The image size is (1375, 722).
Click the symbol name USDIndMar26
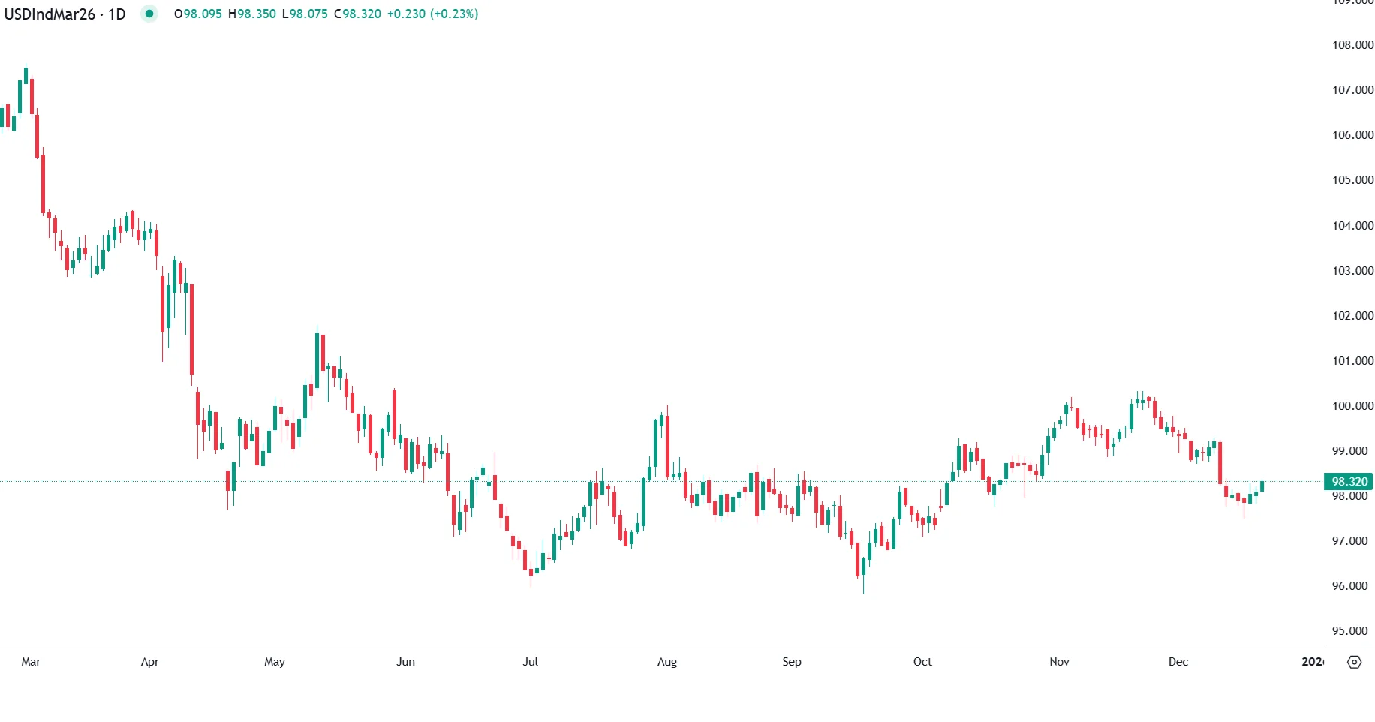click(50, 14)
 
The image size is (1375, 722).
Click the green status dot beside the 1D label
click(149, 14)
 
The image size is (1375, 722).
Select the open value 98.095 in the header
click(203, 14)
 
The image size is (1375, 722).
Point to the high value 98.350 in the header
click(257, 14)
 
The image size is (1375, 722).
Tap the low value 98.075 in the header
click(308, 14)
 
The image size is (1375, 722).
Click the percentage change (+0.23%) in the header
click(454, 14)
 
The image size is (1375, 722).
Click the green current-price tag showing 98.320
click(1349, 482)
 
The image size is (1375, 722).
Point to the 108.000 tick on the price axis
click(1352, 45)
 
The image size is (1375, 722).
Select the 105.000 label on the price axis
click(1352, 180)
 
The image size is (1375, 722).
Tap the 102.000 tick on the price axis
click(1352, 316)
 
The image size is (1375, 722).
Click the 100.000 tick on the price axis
click(1352, 406)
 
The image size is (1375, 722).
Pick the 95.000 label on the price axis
click(1349, 631)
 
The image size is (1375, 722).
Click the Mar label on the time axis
click(31, 662)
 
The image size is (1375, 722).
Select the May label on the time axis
click(275, 662)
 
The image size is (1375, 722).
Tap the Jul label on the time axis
click(530, 662)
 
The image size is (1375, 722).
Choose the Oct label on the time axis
click(922, 662)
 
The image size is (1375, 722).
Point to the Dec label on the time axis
click(1178, 662)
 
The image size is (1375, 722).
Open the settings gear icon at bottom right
click(1355, 662)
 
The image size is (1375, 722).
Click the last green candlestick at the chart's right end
click(1262, 486)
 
